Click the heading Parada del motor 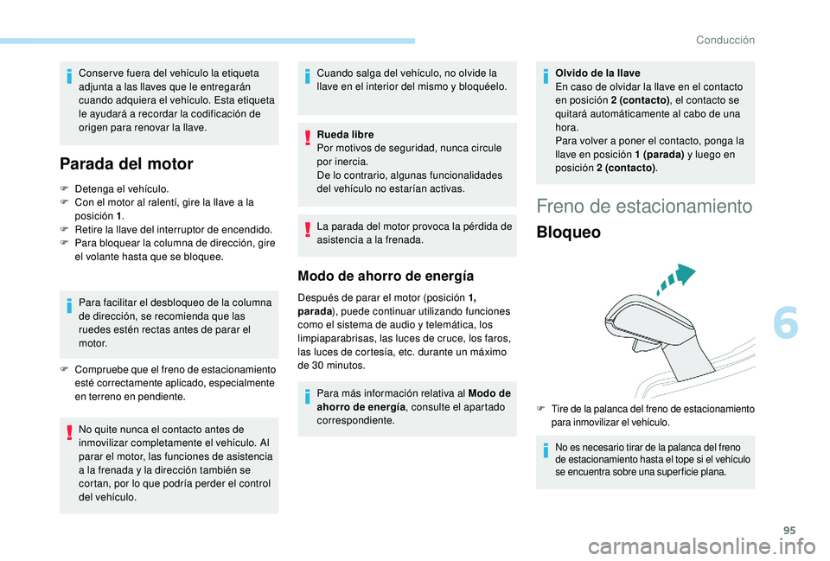click(126, 163)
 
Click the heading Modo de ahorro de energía click(385, 277)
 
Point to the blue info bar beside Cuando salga click(310, 80)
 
